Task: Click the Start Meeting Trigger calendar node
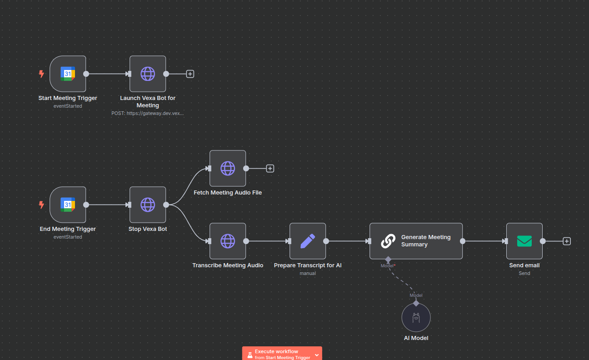[x=68, y=74]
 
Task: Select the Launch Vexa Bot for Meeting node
[x=148, y=74]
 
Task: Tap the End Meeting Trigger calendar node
[x=68, y=205]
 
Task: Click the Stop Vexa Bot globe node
[x=148, y=205]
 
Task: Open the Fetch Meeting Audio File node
[x=228, y=168]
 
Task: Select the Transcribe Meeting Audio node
[x=228, y=241]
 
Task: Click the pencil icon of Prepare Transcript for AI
[x=308, y=241]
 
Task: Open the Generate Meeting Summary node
[x=416, y=241]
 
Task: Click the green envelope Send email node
[x=524, y=241]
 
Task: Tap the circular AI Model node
[x=416, y=317]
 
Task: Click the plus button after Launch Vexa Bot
[x=190, y=74]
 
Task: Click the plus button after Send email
[x=567, y=241]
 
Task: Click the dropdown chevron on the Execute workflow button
[x=317, y=355]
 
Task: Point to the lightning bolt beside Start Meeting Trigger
[x=41, y=74]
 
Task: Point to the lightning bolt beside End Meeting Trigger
[x=41, y=205]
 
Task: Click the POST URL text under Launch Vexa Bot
[x=148, y=113]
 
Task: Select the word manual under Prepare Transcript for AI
[x=308, y=273]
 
